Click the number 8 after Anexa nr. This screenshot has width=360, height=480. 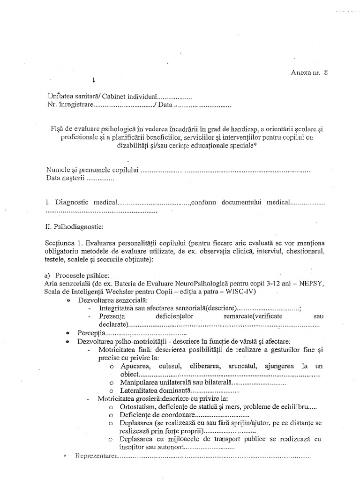pyautogui.click(x=326, y=73)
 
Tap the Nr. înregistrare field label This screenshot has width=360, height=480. pyautogui.click(x=70, y=105)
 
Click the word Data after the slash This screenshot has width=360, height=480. pyautogui.click(x=165, y=105)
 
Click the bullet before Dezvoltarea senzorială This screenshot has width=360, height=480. pyautogui.click(x=69, y=300)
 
